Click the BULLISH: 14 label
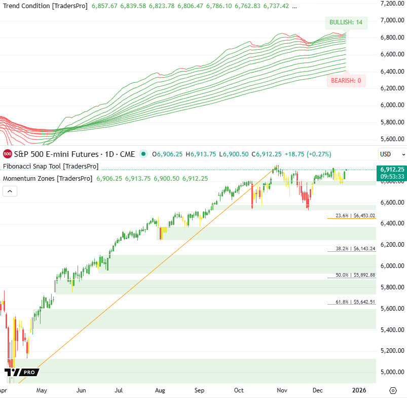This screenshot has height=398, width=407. (346, 22)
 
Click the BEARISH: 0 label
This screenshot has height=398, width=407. (346, 80)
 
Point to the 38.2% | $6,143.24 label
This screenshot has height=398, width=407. (355, 249)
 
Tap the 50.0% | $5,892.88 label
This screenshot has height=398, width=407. (355, 275)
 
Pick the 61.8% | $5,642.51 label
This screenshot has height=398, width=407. (355, 302)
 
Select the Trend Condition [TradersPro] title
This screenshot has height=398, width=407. (45, 6)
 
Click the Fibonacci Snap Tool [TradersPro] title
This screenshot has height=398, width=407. (51, 166)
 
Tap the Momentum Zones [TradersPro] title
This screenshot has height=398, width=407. (48, 178)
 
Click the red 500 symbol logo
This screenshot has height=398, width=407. (8, 153)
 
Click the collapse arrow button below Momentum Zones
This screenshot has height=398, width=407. (10, 191)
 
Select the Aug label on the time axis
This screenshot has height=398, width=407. (160, 390)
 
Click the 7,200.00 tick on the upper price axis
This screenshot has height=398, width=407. (391, 4)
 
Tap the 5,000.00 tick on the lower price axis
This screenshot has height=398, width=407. (391, 372)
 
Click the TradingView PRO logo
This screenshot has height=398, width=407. (22, 373)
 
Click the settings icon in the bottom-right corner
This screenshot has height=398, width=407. (393, 390)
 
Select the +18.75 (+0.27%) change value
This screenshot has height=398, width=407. (303, 153)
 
